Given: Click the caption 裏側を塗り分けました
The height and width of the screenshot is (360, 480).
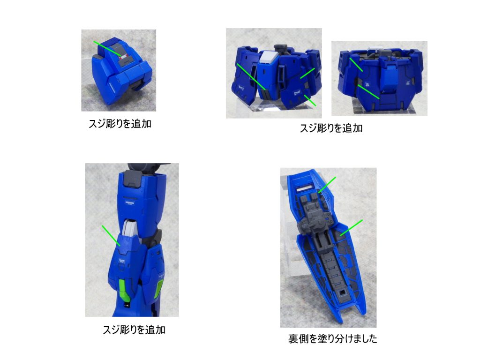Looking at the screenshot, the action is click(x=332, y=338).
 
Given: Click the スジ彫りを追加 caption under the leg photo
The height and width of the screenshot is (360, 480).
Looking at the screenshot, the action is click(x=134, y=330).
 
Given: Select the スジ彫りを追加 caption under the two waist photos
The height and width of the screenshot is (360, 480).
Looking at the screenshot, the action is click(x=331, y=128).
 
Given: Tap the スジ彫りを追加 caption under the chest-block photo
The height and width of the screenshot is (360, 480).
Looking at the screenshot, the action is click(x=120, y=124).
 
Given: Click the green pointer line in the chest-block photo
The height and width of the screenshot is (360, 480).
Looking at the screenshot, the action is click(x=107, y=48).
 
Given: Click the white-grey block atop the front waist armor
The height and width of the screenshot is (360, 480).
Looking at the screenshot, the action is click(x=268, y=57).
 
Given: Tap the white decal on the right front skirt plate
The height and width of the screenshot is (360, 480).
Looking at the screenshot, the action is click(x=297, y=92).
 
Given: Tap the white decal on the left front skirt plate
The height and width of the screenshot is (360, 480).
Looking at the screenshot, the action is click(x=240, y=89).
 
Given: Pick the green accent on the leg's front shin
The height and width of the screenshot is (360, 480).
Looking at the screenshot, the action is click(x=124, y=291).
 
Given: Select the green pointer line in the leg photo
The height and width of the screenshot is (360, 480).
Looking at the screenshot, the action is click(x=111, y=236).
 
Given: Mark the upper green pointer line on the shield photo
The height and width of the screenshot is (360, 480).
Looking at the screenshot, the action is click(x=327, y=185).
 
